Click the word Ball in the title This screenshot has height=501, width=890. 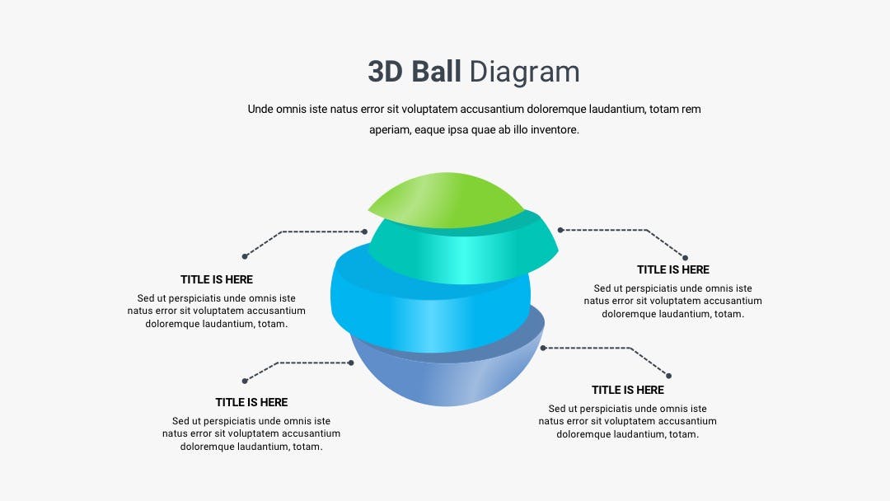pos(436,72)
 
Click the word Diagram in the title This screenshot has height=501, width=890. pos(524,73)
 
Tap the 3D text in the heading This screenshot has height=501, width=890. pos(385,72)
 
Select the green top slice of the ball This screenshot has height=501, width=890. pos(446,199)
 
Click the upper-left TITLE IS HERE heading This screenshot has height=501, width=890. pos(217,279)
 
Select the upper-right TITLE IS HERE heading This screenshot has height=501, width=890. pos(673,270)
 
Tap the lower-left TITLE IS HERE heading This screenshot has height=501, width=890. pos(251,402)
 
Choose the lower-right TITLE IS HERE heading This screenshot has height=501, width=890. pos(628,391)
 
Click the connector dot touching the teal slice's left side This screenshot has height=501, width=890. pos(364,232)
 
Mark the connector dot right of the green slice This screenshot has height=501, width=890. pos(560,230)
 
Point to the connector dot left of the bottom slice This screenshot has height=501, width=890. pos(351,363)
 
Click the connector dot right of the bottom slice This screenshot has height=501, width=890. pos(542,348)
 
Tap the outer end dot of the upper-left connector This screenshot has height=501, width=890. pos(245,256)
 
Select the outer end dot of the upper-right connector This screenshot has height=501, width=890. pos(685,258)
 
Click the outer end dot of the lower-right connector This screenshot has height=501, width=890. pos(668,376)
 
